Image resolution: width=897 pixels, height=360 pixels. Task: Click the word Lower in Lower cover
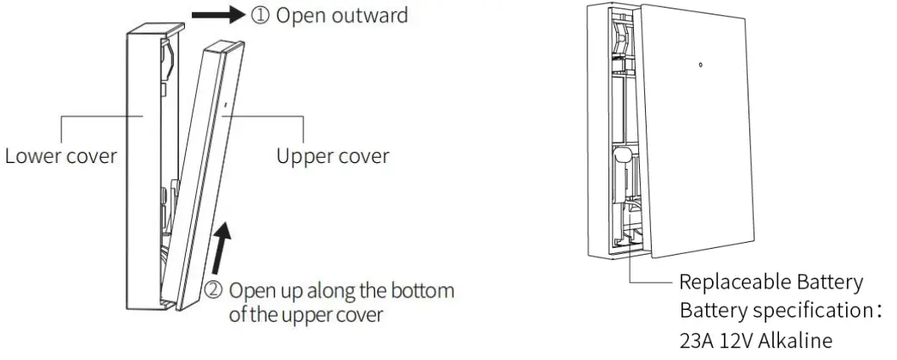point(34,157)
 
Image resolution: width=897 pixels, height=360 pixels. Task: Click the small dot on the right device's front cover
point(700,64)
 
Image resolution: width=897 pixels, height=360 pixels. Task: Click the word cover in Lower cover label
point(93,157)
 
